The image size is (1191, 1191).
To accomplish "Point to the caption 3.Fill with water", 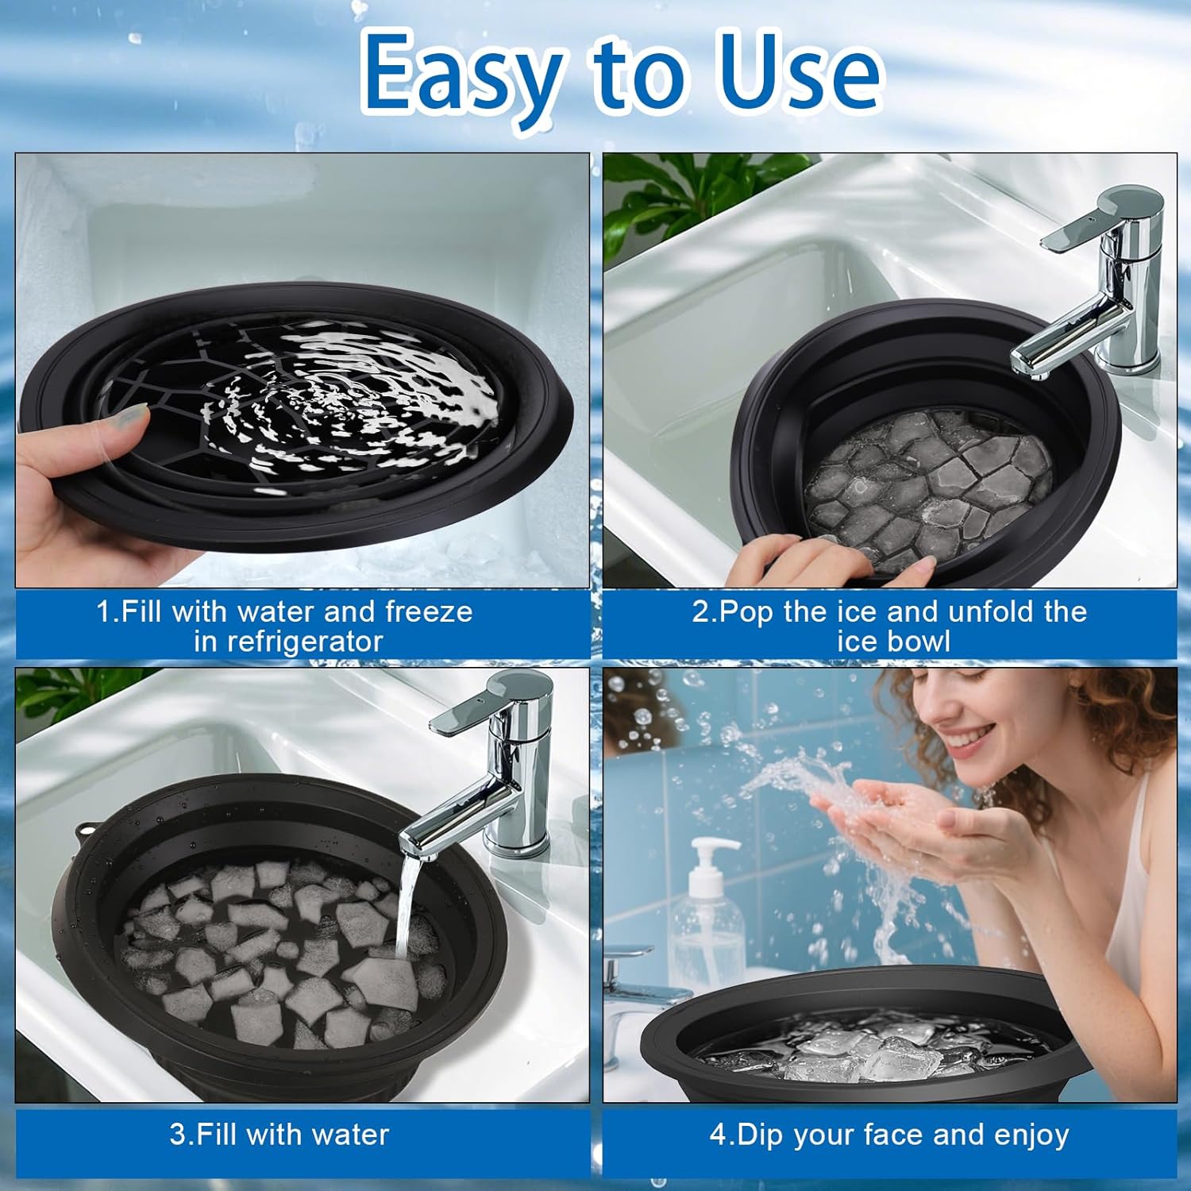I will (279, 1135).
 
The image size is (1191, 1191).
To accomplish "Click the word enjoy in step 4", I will (1030, 1135).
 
